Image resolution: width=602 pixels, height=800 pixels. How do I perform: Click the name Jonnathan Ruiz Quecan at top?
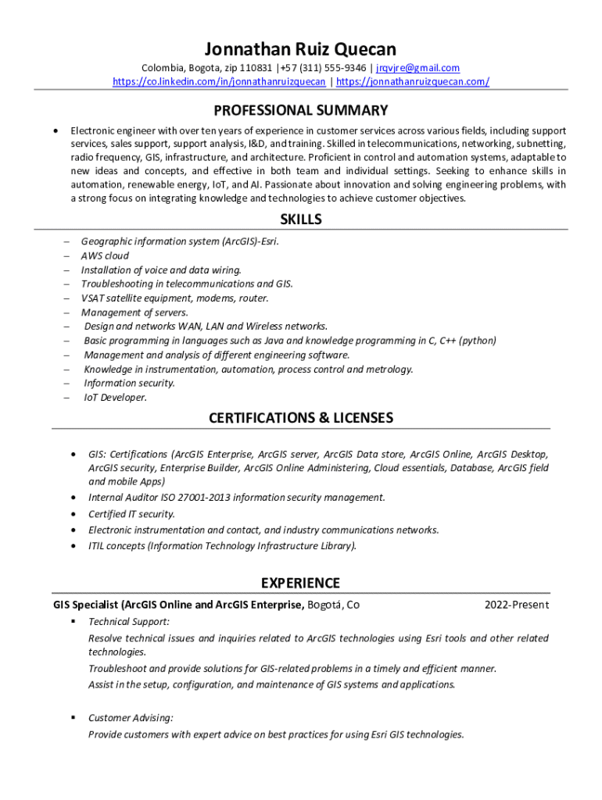tap(300, 49)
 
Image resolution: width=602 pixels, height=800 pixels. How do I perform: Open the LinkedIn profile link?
tap(219, 81)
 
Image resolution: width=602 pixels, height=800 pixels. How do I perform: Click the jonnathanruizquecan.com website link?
tap(413, 81)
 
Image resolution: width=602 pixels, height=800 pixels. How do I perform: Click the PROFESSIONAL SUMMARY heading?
tap(300, 110)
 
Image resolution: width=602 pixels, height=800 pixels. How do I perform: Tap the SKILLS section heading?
tap(300, 220)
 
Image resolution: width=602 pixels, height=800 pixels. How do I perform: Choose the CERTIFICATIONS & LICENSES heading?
tap(300, 418)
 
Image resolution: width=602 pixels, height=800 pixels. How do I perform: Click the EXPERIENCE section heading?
tap(300, 583)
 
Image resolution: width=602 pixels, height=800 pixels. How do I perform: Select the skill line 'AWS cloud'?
tap(105, 255)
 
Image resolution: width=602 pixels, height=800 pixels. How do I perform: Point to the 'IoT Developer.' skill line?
tap(115, 397)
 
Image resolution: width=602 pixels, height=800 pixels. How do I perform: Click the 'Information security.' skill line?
tap(129, 383)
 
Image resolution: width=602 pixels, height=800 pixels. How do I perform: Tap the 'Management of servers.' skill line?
tap(134, 312)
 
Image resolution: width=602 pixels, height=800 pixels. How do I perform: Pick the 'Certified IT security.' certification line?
tap(131, 514)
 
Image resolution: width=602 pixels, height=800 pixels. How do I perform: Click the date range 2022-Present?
tap(516, 605)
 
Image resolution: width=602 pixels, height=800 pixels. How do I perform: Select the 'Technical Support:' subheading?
tap(129, 622)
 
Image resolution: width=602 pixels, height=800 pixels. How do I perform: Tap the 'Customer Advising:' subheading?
tap(131, 717)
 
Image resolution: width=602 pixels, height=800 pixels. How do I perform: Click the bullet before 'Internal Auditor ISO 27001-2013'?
tap(73, 497)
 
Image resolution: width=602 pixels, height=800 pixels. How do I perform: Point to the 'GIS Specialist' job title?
tap(86, 605)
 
